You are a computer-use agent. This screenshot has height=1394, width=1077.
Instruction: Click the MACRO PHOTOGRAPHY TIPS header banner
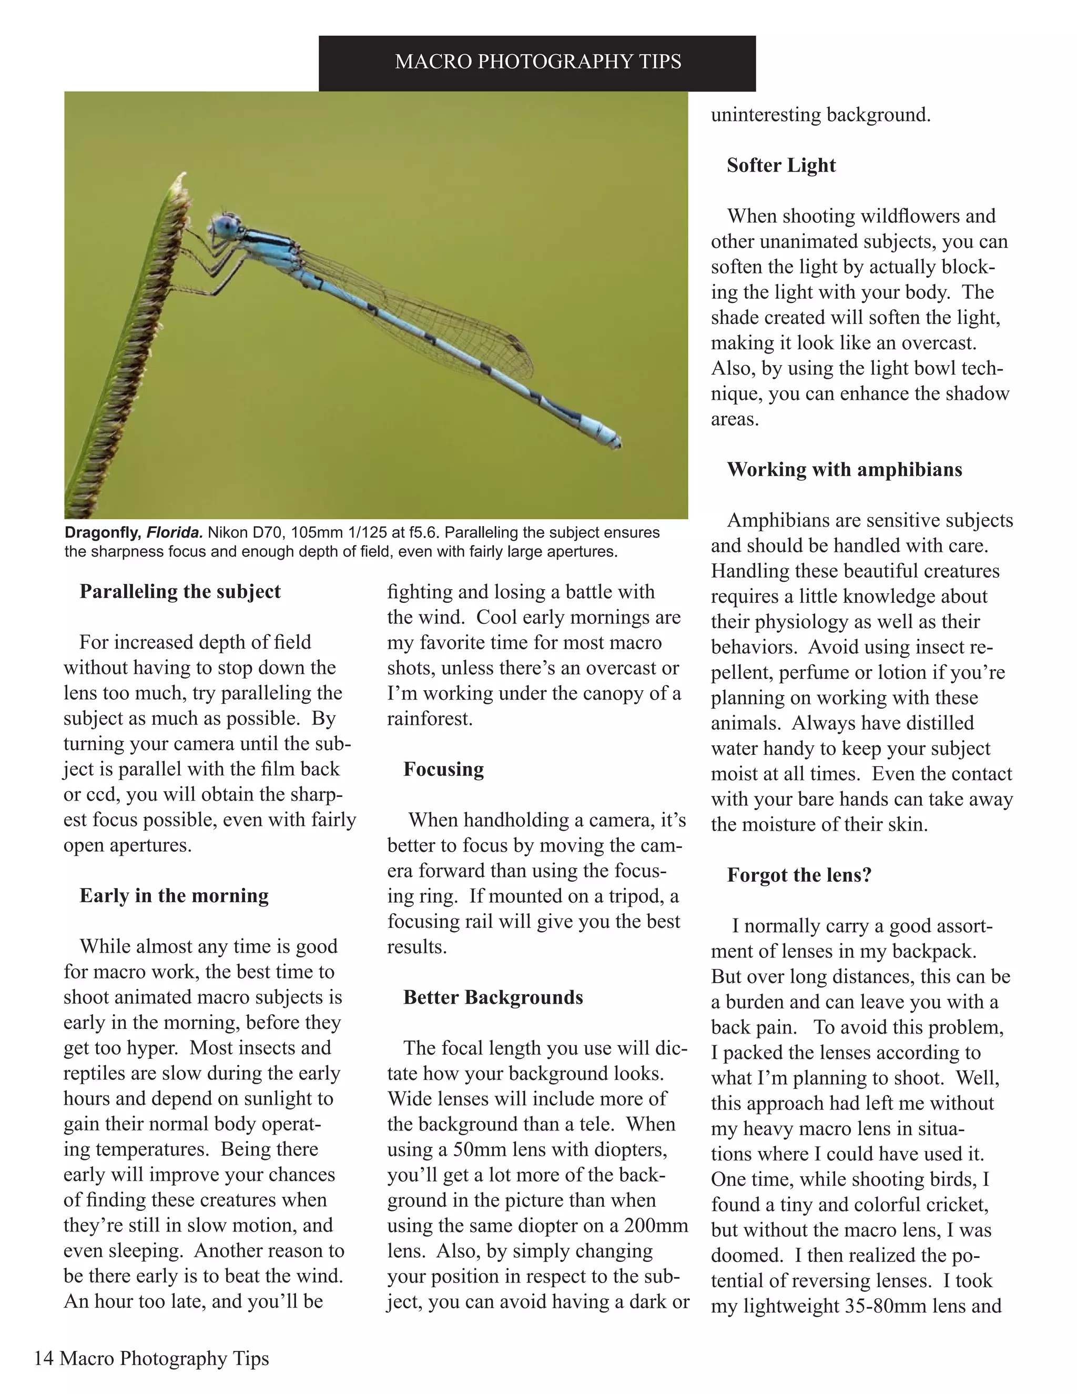pos(537,62)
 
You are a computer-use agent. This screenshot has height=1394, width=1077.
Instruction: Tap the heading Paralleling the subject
pos(179,591)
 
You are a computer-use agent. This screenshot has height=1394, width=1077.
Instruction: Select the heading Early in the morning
pos(174,895)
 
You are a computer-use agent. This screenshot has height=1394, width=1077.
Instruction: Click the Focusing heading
pos(443,769)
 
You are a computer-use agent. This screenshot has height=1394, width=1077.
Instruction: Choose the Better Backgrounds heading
pos(493,997)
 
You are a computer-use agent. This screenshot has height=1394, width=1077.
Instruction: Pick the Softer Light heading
pos(781,165)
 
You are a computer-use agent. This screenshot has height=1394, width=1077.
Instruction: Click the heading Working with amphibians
pos(844,469)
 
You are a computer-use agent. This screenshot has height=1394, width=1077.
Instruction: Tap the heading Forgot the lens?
pos(799,875)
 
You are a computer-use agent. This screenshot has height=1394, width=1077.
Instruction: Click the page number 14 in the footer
pos(44,1358)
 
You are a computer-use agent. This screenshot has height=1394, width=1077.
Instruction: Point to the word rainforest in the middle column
pos(430,719)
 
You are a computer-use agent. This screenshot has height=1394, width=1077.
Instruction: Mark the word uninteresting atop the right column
pos(766,115)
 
